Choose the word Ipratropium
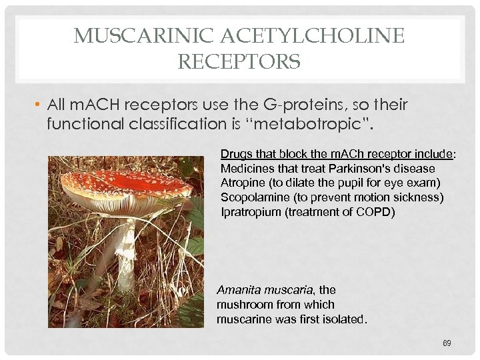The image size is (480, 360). (x=249, y=212)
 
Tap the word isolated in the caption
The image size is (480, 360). (x=343, y=319)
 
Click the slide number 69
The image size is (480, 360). (x=447, y=343)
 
